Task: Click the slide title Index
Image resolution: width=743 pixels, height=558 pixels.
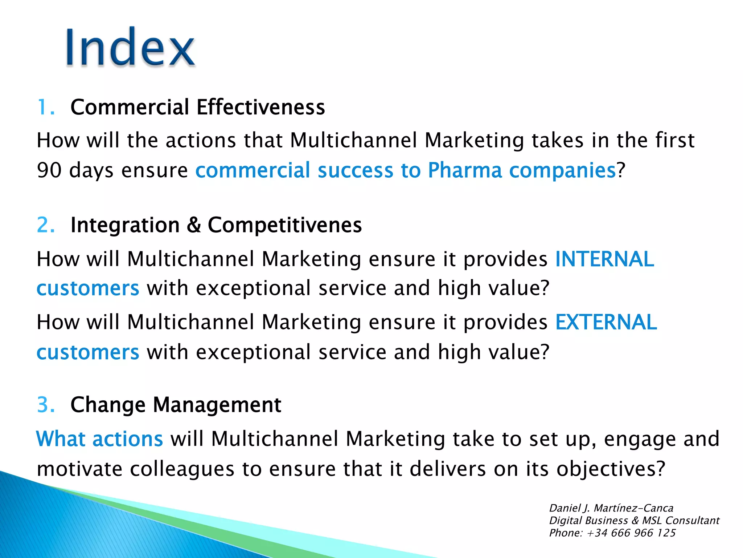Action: pos(130,47)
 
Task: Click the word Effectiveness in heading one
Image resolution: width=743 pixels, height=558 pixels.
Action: pos(260,108)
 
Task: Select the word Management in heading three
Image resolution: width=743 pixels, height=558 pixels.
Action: pos(217,405)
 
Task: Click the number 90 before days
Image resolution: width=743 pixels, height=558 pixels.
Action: pos(49,170)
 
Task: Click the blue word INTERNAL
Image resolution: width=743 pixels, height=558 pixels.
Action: pos(604,259)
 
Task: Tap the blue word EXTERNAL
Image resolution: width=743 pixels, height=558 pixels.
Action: pos(606,322)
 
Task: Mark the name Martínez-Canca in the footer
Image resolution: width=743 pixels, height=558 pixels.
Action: pos(633,508)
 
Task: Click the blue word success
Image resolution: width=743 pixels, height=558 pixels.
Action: pos(356,170)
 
